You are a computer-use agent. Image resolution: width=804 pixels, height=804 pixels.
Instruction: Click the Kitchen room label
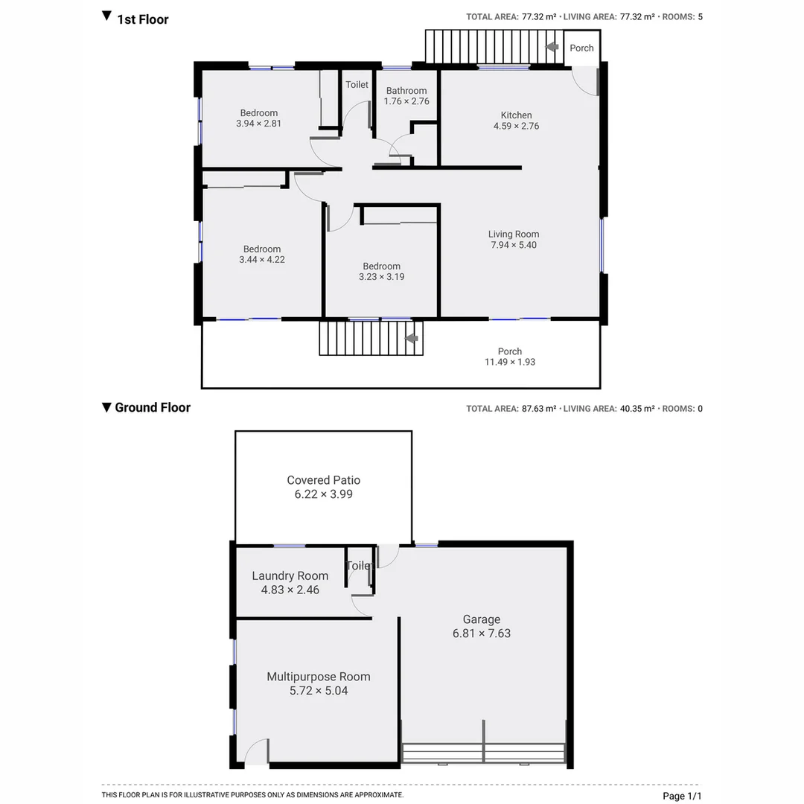click(516, 115)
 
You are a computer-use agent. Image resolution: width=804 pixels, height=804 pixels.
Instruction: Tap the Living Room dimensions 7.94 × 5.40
click(514, 245)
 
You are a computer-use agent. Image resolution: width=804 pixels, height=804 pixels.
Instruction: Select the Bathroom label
click(406, 91)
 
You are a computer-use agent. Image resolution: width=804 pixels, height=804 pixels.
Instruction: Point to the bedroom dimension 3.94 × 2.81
click(258, 124)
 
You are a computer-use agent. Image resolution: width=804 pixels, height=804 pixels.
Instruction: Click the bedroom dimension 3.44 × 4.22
click(262, 260)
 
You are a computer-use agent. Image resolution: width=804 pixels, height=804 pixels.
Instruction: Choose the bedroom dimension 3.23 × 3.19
click(381, 277)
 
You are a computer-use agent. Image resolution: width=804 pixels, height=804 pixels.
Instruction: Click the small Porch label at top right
click(581, 48)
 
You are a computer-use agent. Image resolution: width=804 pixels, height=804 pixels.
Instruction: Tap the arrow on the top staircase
click(552, 47)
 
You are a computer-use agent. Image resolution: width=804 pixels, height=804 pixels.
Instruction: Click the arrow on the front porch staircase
click(410, 339)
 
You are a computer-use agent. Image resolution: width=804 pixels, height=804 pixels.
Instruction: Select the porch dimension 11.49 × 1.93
click(510, 362)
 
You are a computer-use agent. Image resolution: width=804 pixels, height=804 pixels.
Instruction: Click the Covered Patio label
click(324, 480)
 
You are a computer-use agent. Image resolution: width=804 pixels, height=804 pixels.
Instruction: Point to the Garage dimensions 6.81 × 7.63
click(482, 634)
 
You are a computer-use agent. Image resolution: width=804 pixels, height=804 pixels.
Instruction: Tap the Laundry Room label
click(290, 575)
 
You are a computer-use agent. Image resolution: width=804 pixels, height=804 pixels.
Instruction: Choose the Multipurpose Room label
click(319, 677)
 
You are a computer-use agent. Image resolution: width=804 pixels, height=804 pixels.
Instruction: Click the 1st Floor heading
click(142, 19)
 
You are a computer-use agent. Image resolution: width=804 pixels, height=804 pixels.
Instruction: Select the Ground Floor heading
click(152, 407)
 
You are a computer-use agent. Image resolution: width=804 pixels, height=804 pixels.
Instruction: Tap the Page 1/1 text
click(682, 796)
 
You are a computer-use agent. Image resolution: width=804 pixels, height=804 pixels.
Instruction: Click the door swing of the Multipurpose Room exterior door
click(256, 750)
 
